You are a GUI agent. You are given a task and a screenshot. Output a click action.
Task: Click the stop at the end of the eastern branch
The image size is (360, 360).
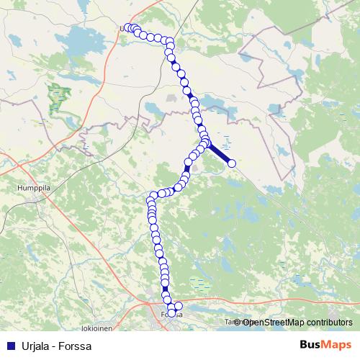point(232,163)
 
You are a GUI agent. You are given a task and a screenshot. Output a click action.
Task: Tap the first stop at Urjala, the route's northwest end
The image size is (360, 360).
point(127,28)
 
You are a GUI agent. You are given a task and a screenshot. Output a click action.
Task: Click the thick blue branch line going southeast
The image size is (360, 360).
point(220,154)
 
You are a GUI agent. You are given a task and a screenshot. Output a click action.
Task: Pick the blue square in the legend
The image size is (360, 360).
point(9,347)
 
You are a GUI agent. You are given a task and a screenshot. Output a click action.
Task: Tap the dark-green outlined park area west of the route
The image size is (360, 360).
point(57,97)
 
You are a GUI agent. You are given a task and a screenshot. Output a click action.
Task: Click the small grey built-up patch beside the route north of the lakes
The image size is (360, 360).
point(171,96)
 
